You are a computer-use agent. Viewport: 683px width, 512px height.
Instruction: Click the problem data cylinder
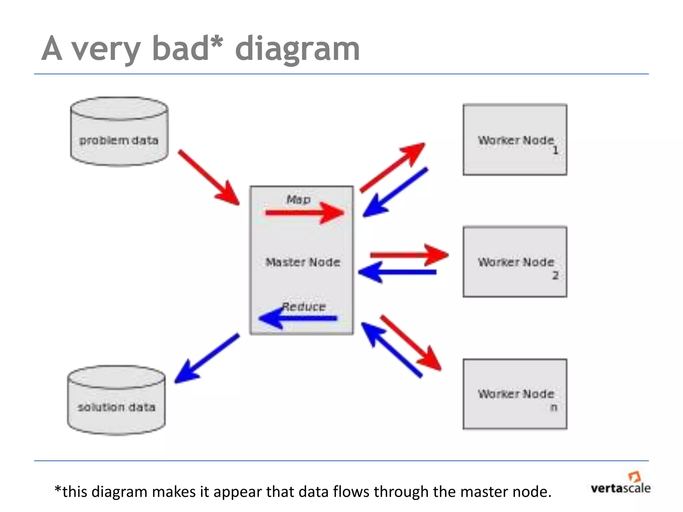point(119,132)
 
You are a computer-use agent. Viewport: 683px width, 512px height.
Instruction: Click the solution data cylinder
point(116,400)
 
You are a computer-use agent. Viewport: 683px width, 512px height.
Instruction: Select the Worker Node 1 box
point(515,140)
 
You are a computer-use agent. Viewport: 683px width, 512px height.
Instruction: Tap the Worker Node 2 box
point(515,262)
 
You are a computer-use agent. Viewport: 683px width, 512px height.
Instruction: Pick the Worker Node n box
point(515,394)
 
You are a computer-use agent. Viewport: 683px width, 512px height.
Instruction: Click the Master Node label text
point(302,262)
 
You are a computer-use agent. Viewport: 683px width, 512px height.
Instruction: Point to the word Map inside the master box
point(298,200)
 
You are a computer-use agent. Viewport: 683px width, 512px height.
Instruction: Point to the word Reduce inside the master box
point(304,307)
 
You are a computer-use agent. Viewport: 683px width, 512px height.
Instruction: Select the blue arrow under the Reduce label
point(298,318)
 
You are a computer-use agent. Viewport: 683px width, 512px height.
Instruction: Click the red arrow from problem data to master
point(209,178)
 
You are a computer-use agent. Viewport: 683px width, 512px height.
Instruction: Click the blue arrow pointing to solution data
point(207,358)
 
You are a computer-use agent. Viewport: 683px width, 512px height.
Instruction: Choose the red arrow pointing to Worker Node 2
point(409,255)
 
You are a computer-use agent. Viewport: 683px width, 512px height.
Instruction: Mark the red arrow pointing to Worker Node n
point(411,342)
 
